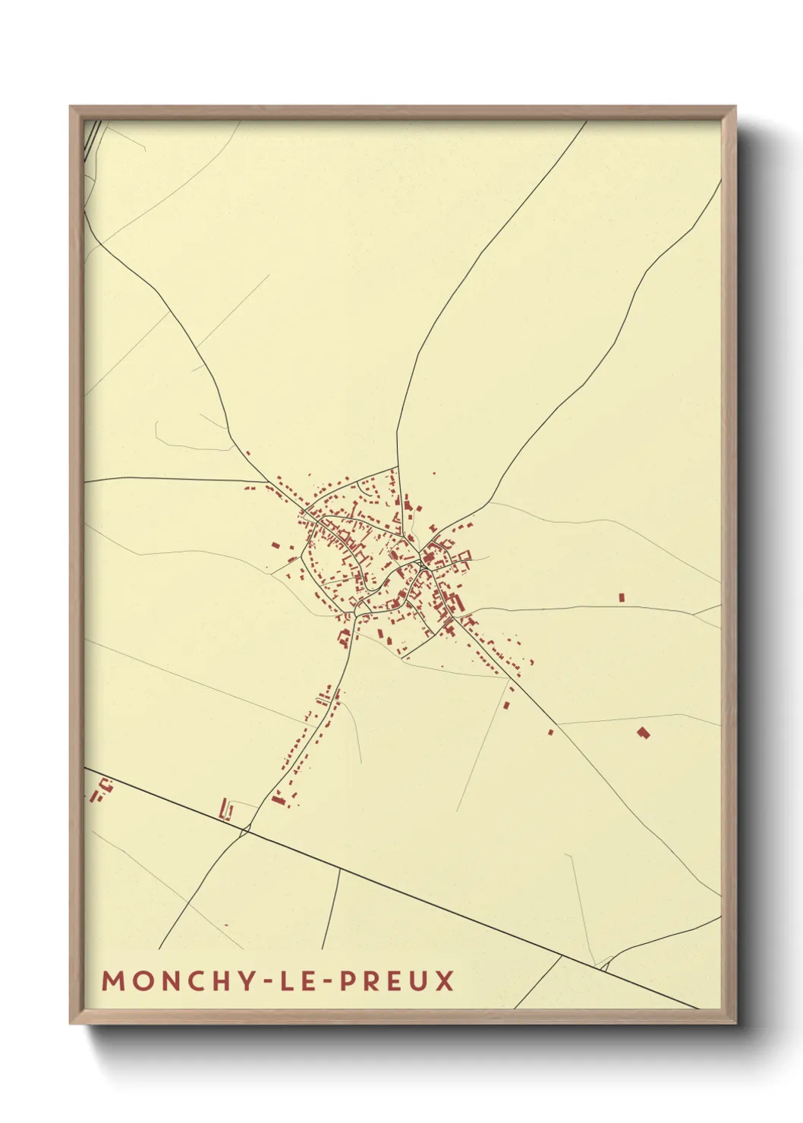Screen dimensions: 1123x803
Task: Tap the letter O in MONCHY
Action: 143,980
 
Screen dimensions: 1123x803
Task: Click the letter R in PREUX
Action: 370,980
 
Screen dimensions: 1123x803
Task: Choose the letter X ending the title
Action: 445,980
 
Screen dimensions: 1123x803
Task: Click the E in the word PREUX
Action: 394,980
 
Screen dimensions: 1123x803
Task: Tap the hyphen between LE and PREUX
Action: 326,982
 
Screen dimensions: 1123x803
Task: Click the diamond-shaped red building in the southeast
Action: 644,732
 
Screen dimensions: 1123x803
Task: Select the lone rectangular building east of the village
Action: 622,597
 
